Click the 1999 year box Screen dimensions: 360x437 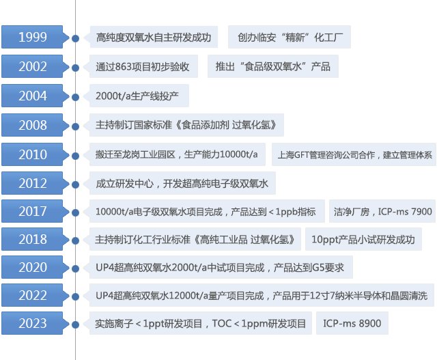[x=33, y=38]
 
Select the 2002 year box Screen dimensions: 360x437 [x=33, y=67]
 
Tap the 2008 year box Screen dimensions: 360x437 [x=33, y=126]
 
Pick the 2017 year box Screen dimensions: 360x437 [x=33, y=211]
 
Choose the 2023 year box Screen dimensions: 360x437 [x=33, y=323]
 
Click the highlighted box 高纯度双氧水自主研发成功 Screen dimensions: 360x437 [x=153, y=38]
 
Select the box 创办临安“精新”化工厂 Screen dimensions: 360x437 [x=290, y=38]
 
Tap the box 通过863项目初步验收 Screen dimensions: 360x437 [x=142, y=67]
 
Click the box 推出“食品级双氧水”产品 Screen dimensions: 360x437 [x=272, y=67]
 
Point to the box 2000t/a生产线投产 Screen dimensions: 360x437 [x=137, y=96]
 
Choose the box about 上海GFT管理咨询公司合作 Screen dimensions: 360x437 [x=354, y=154]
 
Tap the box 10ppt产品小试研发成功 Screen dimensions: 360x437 [x=363, y=240]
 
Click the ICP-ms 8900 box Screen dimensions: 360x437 [x=352, y=323]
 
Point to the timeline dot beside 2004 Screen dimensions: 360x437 [x=75, y=96]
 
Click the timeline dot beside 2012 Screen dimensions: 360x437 [x=75, y=184]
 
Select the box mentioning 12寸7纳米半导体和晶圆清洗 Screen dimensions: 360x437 [x=261, y=296]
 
